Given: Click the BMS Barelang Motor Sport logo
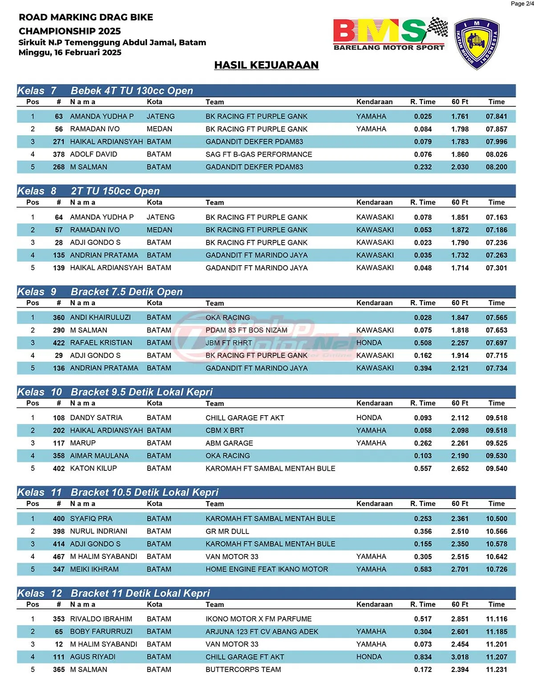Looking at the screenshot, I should (390, 34).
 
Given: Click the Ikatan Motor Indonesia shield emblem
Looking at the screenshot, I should (477, 44).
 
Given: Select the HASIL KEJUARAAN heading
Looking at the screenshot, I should (266, 65).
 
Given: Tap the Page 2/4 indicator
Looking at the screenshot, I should (522, 4).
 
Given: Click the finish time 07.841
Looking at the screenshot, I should (496, 117).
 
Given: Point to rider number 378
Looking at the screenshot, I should (59, 154).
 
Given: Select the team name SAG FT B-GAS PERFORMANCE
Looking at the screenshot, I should (259, 154).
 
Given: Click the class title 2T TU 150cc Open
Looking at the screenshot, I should (115, 191).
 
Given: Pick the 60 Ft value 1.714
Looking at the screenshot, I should (460, 268).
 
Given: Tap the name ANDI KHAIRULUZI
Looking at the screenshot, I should (101, 318).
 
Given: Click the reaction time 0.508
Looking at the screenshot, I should (423, 343).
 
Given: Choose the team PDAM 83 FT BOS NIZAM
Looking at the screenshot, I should (247, 330).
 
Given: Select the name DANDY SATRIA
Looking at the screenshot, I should (96, 418).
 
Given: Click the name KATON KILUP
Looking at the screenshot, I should (93, 469).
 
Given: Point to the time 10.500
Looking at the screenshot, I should (496, 519).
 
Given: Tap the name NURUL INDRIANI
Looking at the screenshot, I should (99, 531).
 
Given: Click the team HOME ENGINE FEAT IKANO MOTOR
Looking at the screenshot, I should (267, 569).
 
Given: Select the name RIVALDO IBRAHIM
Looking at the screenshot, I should (101, 619).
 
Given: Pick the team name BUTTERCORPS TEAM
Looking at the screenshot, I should (243, 669).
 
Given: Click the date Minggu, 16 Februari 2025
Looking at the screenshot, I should (70, 53).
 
